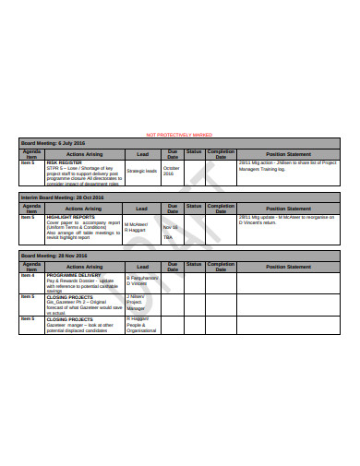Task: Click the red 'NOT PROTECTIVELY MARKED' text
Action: (x=180, y=135)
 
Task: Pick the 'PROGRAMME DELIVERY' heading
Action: (x=74, y=275)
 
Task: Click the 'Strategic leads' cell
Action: (x=142, y=171)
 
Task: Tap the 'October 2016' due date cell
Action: (x=173, y=171)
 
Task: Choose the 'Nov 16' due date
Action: (x=170, y=226)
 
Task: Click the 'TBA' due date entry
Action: (x=168, y=238)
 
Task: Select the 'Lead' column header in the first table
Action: (x=142, y=153)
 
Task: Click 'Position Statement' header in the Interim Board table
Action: (x=288, y=209)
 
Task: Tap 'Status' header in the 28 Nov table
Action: (x=194, y=266)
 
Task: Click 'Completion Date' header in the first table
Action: (x=222, y=153)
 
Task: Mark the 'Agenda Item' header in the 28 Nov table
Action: (x=31, y=266)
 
